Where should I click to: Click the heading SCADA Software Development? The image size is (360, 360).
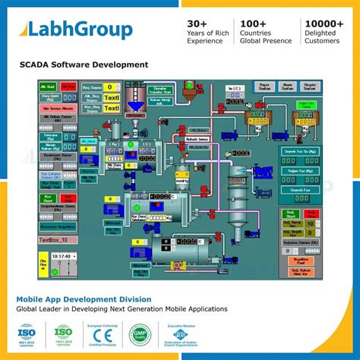point(84,65)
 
